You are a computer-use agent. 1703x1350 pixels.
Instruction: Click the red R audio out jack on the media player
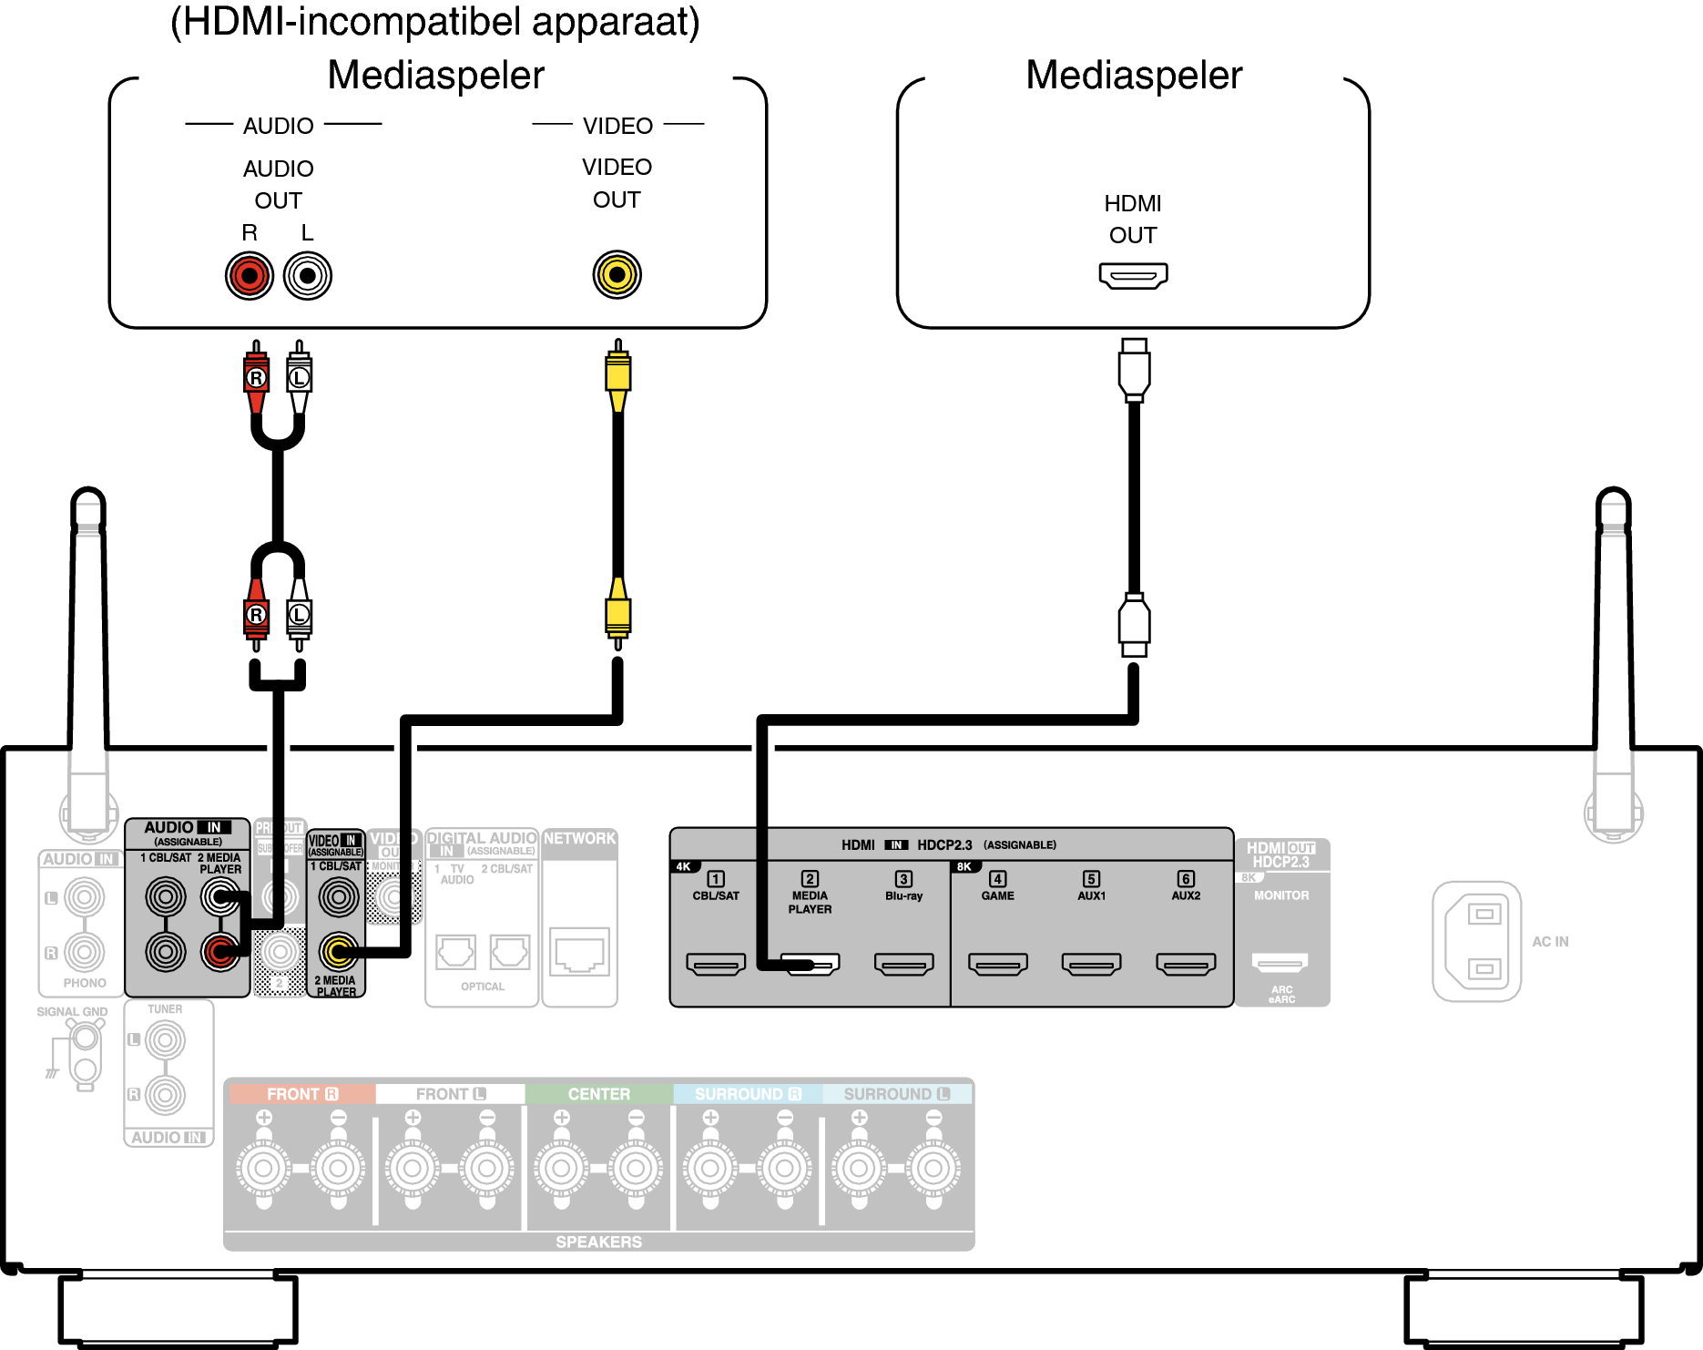pyautogui.click(x=250, y=275)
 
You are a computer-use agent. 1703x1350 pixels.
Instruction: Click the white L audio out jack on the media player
pyautogui.click(x=308, y=275)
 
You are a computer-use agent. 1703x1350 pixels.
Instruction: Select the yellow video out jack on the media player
pyautogui.click(x=617, y=274)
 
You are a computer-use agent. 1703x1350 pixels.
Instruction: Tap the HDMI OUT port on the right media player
pyautogui.click(x=1133, y=275)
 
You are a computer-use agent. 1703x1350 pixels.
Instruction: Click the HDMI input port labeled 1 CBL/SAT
pyautogui.click(x=716, y=964)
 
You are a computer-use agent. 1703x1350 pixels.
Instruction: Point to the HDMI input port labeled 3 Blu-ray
pyautogui.click(x=903, y=964)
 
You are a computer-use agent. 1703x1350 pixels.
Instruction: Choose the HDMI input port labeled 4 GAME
pyautogui.click(x=998, y=964)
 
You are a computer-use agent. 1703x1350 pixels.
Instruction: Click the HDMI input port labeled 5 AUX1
pyautogui.click(x=1091, y=964)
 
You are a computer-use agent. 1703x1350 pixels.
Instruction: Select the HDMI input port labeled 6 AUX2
pyautogui.click(x=1186, y=964)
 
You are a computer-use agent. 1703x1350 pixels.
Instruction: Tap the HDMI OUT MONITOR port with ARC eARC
pyautogui.click(x=1280, y=962)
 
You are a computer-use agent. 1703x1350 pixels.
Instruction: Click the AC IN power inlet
pyautogui.click(x=1477, y=941)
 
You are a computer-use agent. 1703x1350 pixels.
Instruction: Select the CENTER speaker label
pyautogui.click(x=598, y=1094)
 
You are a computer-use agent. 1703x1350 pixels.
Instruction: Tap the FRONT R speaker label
pyautogui.click(x=301, y=1094)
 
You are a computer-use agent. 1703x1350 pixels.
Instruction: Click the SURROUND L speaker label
pyautogui.click(x=896, y=1094)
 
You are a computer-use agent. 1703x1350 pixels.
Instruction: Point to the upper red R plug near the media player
pyautogui.click(x=257, y=376)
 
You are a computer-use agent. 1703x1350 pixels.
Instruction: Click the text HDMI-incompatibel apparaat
pyautogui.click(x=435, y=22)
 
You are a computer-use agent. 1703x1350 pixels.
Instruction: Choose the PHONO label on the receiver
pyautogui.click(x=85, y=983)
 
